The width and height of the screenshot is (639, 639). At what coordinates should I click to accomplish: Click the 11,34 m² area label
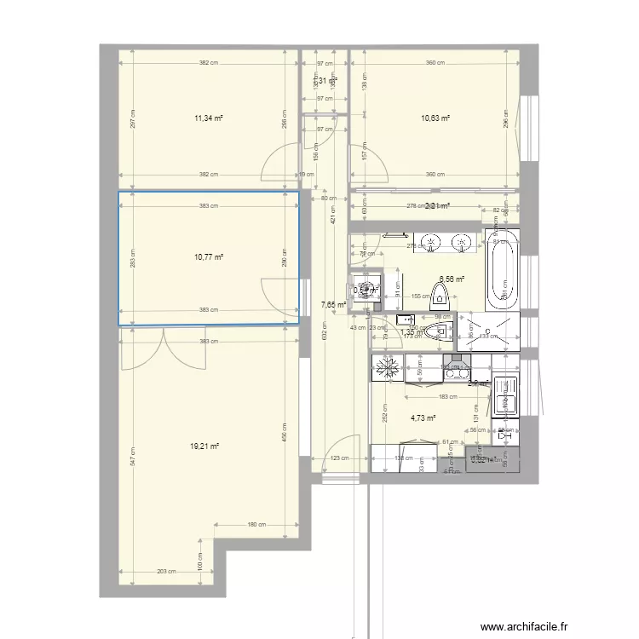pos(209,120)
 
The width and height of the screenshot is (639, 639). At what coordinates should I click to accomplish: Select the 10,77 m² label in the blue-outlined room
pos(209,256)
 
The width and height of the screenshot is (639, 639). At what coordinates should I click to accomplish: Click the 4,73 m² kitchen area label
pos(423,417)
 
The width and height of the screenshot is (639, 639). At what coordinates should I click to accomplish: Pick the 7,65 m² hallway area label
pos(333,303)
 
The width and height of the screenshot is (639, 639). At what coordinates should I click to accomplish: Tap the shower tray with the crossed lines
pos(487,331)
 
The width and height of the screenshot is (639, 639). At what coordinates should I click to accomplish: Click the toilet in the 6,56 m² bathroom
pos(440,294)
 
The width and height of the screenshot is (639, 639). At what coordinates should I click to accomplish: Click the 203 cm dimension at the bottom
pos(166,572)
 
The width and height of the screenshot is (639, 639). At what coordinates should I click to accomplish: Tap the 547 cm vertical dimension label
pos(132,461)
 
